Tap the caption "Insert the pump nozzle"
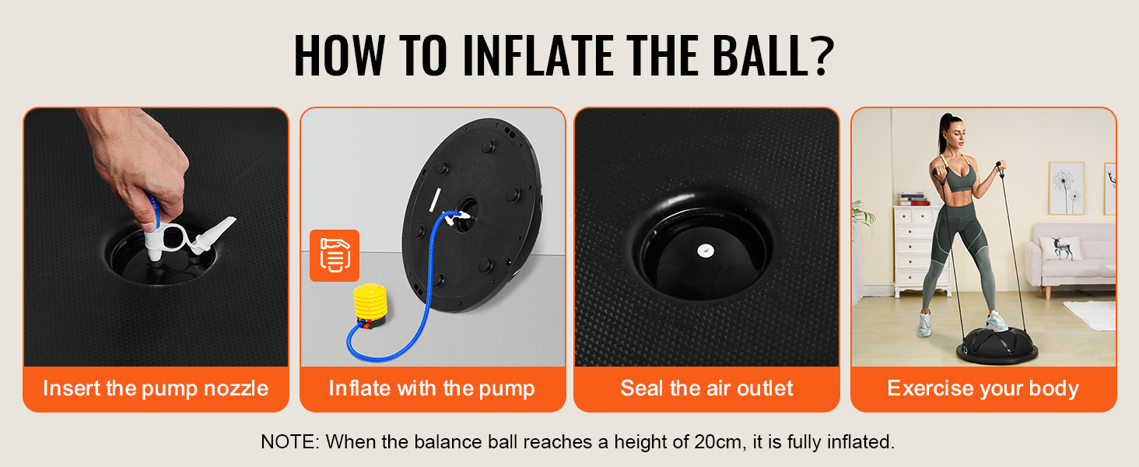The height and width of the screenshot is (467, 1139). [156, 388]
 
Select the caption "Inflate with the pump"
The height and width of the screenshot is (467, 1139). [432, 388]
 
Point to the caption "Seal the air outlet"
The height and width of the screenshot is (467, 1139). [706, 388]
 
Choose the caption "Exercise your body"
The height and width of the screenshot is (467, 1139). [983, 388]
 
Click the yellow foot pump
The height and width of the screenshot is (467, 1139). [370, 306]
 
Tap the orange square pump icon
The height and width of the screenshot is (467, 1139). [335, 255]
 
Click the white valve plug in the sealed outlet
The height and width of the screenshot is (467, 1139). [706, 250]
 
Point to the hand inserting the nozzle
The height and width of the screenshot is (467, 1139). [140, 163]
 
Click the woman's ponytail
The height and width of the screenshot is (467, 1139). [944, 132]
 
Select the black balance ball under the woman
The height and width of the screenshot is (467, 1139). [997, 346]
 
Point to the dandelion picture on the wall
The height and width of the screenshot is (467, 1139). [1067, 188]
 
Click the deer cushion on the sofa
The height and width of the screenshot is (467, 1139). [1061, 248]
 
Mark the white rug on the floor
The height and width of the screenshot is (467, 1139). [1091, 314]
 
